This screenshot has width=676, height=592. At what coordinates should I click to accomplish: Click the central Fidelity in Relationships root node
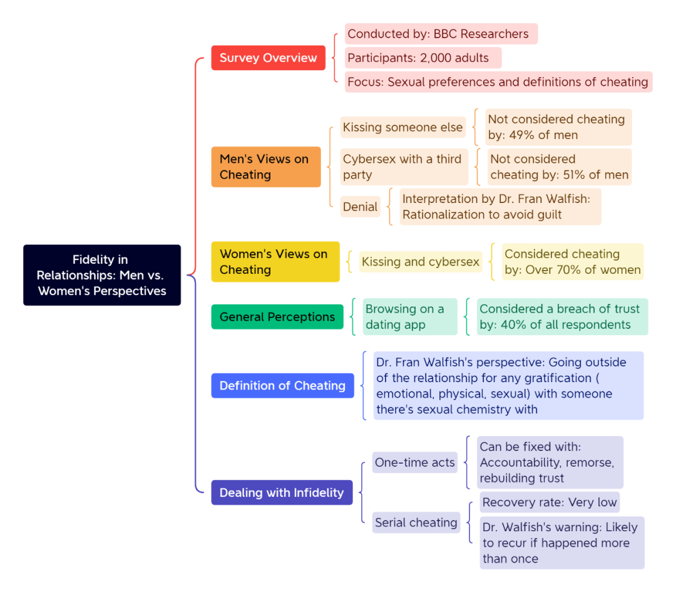tap(102, 275)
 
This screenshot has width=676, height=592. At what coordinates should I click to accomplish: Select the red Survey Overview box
tap(268, 58)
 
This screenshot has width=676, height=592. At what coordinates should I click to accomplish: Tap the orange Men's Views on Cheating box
tap(266, 167)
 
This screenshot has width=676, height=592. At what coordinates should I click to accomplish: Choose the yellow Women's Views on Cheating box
tap(275, 261)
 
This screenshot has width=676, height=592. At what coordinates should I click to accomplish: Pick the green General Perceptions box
tap(277, 317)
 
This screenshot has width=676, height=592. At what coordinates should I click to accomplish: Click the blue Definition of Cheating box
tap(282, 385)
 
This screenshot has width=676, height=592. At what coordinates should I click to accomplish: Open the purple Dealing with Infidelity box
tap(282, 492)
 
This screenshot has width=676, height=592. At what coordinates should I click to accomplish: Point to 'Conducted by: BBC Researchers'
tap(441, 34)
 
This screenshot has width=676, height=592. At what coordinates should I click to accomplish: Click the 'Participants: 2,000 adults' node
tap(423, 58)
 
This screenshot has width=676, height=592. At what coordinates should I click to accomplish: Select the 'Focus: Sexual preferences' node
tap(498, 81)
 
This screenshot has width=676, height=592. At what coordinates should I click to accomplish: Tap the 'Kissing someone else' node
tap(402, 127)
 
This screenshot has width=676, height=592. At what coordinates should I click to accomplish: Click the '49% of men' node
tap(558, 127)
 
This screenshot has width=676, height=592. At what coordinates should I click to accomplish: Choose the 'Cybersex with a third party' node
tap(404, 167)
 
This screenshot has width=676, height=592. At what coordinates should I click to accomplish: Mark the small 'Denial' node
tap(360, 207)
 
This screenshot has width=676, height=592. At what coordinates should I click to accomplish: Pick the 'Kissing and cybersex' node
tap(421, 261)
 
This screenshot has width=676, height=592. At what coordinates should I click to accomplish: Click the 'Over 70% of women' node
tap(573, 261)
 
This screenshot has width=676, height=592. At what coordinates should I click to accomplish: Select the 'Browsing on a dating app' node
tap(409, 317)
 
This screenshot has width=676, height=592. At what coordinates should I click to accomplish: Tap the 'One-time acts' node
tap(415, 462)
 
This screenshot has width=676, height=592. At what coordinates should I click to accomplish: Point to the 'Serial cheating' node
tap(416, 522)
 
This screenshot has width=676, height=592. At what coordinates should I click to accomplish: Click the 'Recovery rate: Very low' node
tap(550, 502)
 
